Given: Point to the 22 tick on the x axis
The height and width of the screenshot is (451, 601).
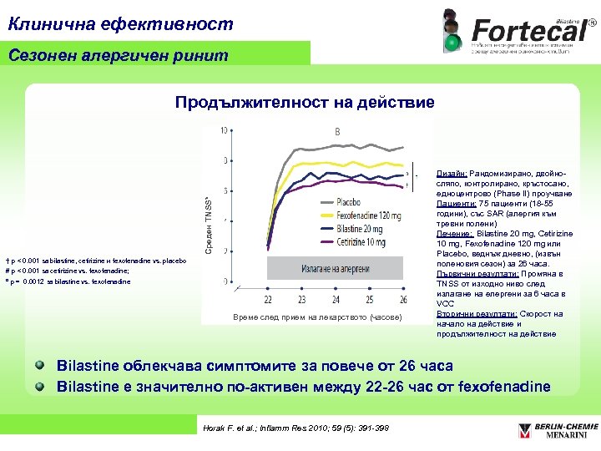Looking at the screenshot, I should click(x=268, y=299).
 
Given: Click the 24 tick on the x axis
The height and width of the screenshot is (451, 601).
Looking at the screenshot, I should click(x=336, y=299).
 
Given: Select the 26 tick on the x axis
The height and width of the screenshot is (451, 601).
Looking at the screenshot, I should click(x=404, y=299).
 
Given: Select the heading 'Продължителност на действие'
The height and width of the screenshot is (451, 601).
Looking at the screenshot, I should click(x=305, y=103).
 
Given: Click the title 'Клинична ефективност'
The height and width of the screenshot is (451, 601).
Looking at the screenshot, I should click(x=121, y=23).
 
